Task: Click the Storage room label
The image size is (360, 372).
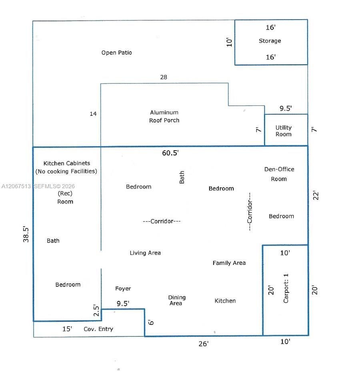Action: coord(270,41)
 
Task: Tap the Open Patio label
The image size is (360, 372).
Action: coord(116,53)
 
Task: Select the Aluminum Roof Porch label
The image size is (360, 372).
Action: coord(164,116)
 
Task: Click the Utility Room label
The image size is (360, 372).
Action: coord(284,131)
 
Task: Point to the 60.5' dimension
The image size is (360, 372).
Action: coord(170,153)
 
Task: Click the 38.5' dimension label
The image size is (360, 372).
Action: coord(26,234)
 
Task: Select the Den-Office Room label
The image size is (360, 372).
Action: coord(279,174)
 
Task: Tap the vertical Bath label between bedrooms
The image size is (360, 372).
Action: coord(182,177)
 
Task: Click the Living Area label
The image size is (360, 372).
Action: coord(145,253)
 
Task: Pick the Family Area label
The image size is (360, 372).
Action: coord(229,263)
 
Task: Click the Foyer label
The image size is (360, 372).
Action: coord(123,288)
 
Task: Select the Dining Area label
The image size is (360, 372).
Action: coord(177,300)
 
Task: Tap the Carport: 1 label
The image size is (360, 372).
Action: coord(286,288)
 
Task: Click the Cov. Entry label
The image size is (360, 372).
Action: coord(98,329)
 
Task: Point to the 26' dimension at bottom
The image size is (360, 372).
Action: coord(204,344)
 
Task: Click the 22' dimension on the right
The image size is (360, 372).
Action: coord(316,195)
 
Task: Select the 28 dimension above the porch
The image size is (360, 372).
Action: coord(164,77)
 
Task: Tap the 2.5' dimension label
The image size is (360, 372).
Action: coord(96,310)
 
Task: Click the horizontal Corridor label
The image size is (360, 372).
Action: coord(162,221)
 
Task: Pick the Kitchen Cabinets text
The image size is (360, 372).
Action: coord(67,163)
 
